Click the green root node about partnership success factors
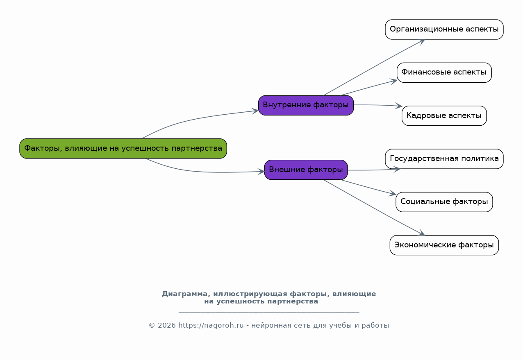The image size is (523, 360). [123, 148]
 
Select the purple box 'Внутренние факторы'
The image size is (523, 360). [306, 105]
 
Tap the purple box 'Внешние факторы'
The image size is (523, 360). [306, 170]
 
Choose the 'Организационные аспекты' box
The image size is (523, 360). [444, 29]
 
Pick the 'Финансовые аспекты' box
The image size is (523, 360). [444, 72]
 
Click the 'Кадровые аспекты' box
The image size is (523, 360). [444, 115]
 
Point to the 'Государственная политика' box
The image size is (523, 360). [444, 159]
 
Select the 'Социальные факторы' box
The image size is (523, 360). [444, 202]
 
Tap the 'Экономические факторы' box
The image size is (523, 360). [444, 245]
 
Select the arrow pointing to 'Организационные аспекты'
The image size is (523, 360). [373, 68]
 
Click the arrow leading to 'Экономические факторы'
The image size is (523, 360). [373, 207]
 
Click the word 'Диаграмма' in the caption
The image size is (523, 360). [184, 294]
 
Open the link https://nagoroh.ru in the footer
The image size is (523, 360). [211, 326]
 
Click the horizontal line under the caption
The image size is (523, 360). [269, 312]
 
